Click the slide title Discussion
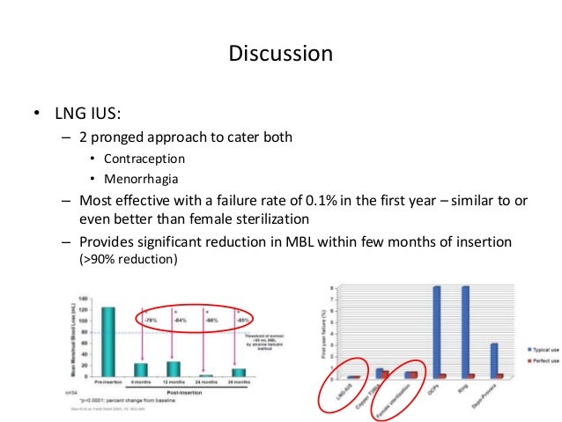point(281,54)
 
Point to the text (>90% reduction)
point(127,262)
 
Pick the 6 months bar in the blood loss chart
point(140,370)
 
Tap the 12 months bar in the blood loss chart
point(173,369)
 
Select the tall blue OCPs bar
point(437,331)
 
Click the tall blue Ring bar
point(466,331)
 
